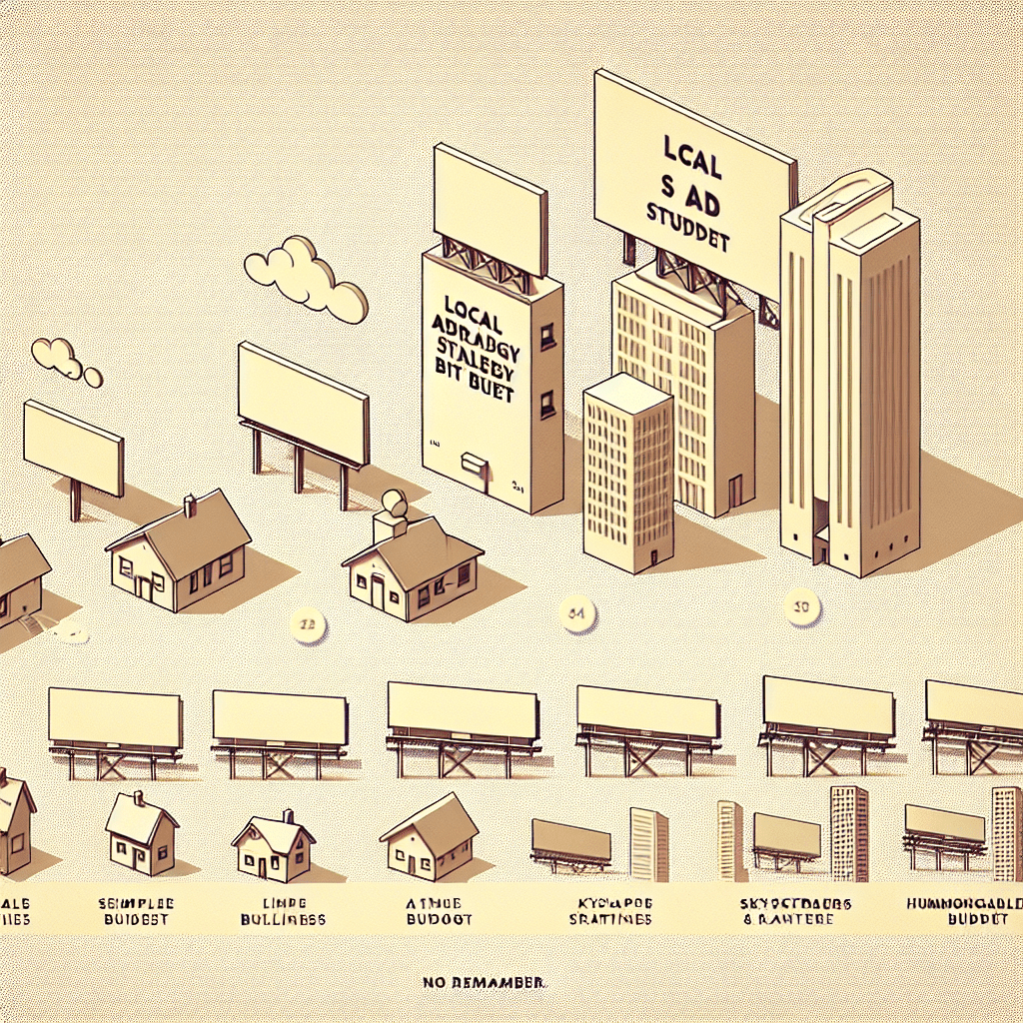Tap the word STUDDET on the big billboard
click(689, 240)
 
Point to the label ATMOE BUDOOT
click(440, 909)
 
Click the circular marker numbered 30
click(801, 607)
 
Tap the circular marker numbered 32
click(307, 623)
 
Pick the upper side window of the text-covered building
click(547, 337)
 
